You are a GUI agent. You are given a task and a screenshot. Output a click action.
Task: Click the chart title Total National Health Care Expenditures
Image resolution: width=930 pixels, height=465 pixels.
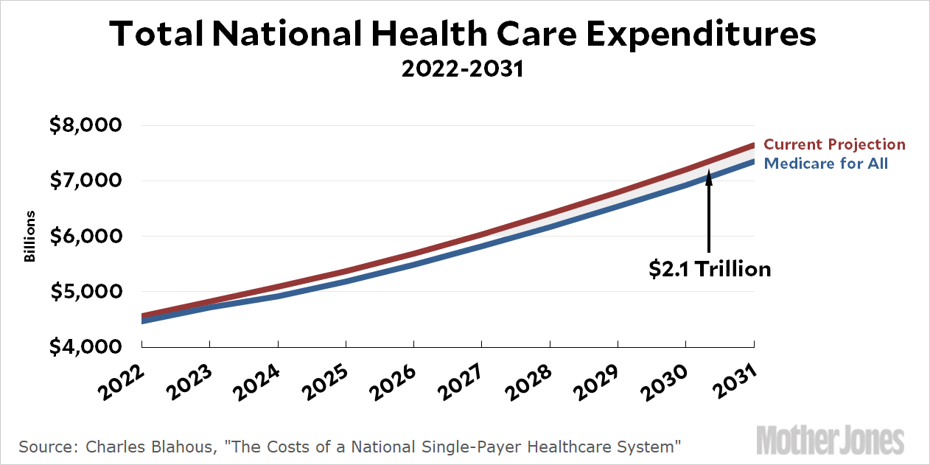pyautogui.click(x=463, y=35)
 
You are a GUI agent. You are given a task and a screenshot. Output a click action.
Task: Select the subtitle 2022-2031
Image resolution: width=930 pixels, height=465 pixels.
pyautogui.click(x=462, y=69)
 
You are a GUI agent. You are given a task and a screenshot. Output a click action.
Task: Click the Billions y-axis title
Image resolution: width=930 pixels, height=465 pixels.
pyautogui.click(x=30, y=237)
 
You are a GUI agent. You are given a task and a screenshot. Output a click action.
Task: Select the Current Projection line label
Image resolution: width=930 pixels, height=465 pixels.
pyautogui.click(x=834, y=144)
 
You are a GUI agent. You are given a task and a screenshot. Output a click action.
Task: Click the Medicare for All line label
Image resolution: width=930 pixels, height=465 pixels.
pyautogui.click(x=826, y=164)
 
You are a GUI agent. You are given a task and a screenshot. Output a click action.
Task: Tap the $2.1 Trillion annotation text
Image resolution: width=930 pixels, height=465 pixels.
pyautogui.click(x=710, y=269)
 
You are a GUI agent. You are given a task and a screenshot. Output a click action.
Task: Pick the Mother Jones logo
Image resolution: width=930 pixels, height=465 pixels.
pyautogui.click(x=830, y=440)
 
